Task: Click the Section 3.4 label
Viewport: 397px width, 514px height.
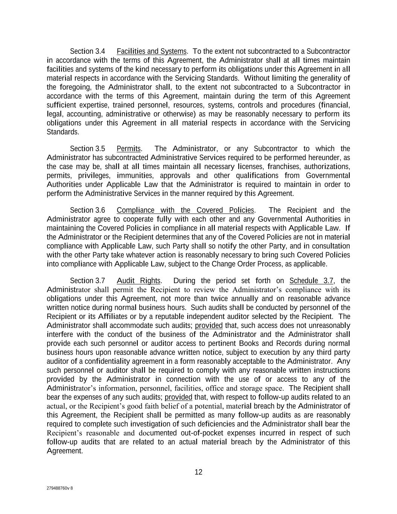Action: click(87, 51)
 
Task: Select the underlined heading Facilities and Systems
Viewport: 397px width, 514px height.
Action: click(151, 51)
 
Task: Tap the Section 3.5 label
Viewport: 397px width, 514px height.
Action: click(87, 149)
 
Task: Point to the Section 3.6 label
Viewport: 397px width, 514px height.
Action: click(87, 210)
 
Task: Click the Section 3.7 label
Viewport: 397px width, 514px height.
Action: click(87, 281)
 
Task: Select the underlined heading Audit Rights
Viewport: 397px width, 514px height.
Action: click(138, 281)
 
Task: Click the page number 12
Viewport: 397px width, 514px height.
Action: click(198, 472)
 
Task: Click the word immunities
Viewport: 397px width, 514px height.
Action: click(135, 176)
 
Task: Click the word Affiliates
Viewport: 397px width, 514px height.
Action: click(116, 317)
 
